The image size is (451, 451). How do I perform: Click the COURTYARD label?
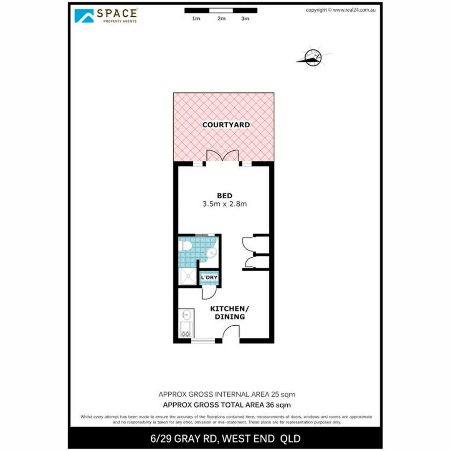point(226,125)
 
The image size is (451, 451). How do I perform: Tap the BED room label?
point(225,196)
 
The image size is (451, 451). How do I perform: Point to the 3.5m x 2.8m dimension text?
point(225,204)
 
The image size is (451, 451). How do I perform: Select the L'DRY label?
point(209,277)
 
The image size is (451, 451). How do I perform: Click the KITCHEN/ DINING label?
point(230,313)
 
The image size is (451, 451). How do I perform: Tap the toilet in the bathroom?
point(185,246)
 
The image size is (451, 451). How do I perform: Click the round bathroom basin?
point(212,253)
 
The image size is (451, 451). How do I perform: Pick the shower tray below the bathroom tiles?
point(187,276)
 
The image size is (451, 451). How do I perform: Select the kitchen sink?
point(186,314)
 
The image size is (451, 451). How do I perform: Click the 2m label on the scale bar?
point(221,19)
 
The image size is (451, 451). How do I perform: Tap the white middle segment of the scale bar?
point(221,10)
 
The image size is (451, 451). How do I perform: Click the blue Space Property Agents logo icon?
point(84,16)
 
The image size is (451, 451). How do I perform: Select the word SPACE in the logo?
point(117,13)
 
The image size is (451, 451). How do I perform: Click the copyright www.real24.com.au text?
point(341,10)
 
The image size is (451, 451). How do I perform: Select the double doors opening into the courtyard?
point(222,156)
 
